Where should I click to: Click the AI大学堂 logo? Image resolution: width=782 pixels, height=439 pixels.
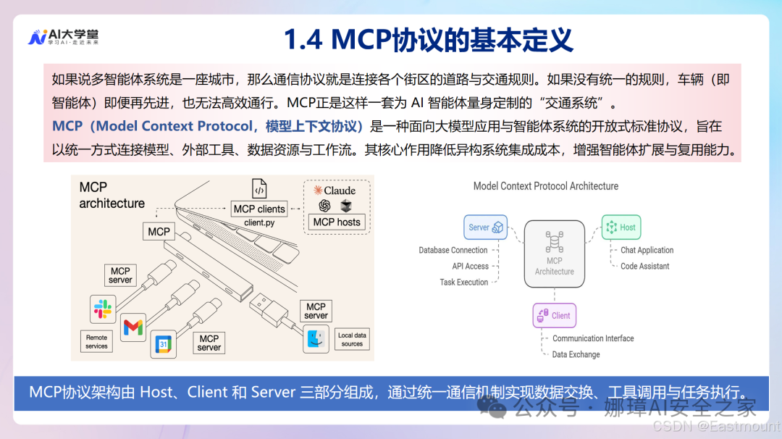point(63,37)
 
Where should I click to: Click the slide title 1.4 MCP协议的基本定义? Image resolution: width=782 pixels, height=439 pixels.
point(429,40)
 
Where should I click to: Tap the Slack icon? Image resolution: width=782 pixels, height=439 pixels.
point(103,309)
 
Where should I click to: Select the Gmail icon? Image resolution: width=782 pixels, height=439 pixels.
point(133,327)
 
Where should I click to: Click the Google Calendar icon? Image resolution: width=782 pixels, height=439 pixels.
point(163,343)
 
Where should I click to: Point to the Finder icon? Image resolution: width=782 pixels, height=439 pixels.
point(316,338)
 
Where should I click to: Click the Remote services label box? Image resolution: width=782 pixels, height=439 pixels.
point(96,342)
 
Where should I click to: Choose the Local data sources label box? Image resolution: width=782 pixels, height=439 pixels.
point(352,339)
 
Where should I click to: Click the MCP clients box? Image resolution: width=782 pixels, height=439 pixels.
point(259,209)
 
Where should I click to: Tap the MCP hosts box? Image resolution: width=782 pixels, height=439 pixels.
point(337,222)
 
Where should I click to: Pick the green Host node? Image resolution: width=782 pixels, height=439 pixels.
point(621,227)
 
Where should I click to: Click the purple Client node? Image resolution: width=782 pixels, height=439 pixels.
point(554,315)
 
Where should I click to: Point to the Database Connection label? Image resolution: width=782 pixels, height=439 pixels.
point(453,250)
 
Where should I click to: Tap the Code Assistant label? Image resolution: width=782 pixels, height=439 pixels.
point(644,266)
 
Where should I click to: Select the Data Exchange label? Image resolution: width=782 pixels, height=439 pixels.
point(576,354)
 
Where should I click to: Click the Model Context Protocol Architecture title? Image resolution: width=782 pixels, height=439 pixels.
point(545,186)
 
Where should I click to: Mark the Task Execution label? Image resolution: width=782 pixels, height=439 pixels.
point(463,282)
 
